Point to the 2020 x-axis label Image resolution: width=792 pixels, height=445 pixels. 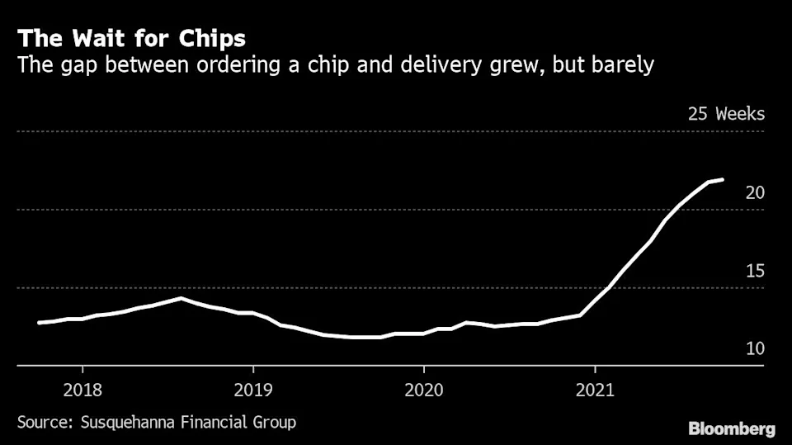pyautogui.click(x=423, y=390)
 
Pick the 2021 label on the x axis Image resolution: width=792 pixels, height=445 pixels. pyautogui.click(x=595, y=390)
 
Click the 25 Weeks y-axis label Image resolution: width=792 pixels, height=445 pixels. pyautogui.click(x=726, y=114)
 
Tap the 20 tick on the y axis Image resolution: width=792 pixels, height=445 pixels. pyautogui.click(x=755, y=192)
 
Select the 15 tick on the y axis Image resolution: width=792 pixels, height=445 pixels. pyautogui.click(x=755, y=271)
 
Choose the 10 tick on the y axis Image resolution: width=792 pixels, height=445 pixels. pyautogui.click(x=755, y=349)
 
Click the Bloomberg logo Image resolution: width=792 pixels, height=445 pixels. pyautogui.click(x=731, y=428)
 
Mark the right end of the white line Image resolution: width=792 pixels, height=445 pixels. pyautogui.click(x=724, y=179)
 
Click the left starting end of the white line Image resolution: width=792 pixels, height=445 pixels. pyautogui.click(x=39, y=323)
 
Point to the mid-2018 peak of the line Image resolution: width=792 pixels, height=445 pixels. pyautogui.click(x=181, y=298)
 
